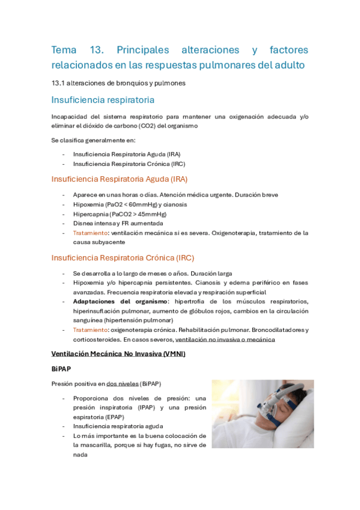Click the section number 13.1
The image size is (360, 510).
click(x=58, y=83)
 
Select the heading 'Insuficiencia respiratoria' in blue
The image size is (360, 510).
click(x=103, y=99)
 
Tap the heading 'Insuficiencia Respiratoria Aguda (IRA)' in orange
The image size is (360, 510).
click(x=120, y=179)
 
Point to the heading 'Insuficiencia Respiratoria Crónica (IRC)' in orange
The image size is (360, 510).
click(x=123, y=258)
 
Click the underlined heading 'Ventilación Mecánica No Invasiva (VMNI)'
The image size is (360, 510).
click(x=119, y=354)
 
